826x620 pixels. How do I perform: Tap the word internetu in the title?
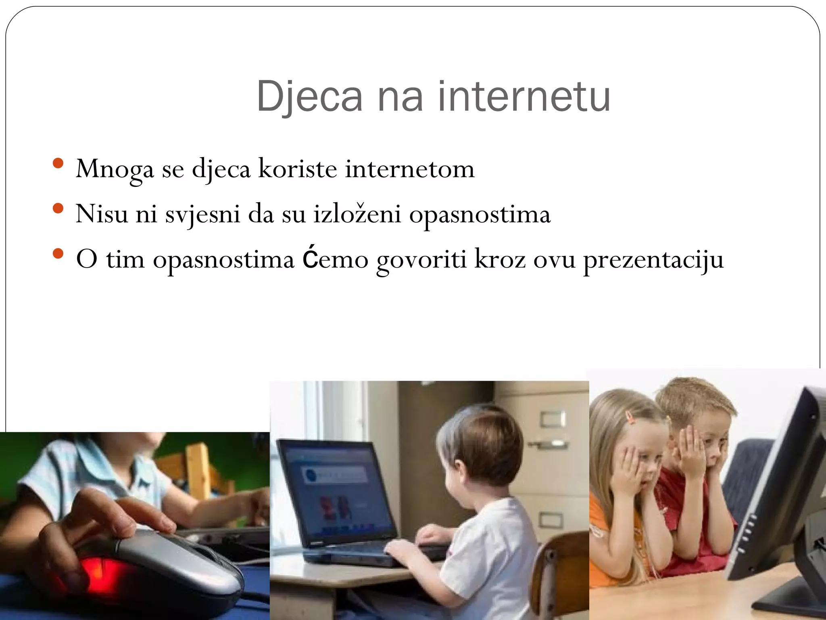524,97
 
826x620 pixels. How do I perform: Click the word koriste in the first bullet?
297,169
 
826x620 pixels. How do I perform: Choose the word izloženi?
357,214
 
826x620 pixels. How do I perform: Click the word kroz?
500,259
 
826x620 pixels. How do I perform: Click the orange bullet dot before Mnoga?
58,163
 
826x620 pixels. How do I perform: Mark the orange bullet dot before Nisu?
58,208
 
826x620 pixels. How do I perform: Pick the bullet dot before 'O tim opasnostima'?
58,254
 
